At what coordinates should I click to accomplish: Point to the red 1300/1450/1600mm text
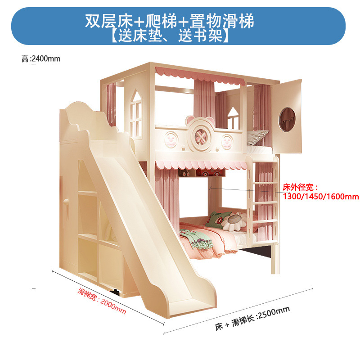tap(321, 196)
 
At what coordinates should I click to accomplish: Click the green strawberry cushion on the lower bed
tap(215, 220)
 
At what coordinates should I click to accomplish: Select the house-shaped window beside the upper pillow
tap(233, 118)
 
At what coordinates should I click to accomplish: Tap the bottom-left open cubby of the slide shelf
tap(89, 257)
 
